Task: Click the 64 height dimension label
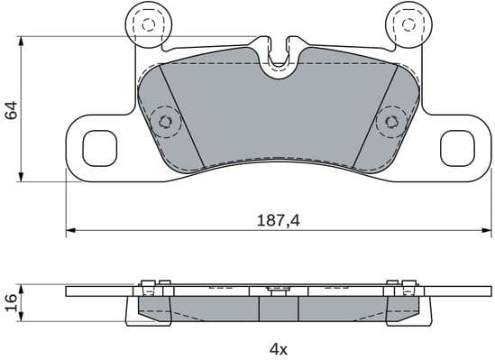coord(12,110)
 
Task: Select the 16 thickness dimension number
coord(12,301)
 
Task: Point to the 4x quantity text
coord(277,348)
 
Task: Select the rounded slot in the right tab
coord(456,147)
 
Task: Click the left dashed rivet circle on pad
coord(164,119)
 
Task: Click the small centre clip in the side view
coord(278,289)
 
